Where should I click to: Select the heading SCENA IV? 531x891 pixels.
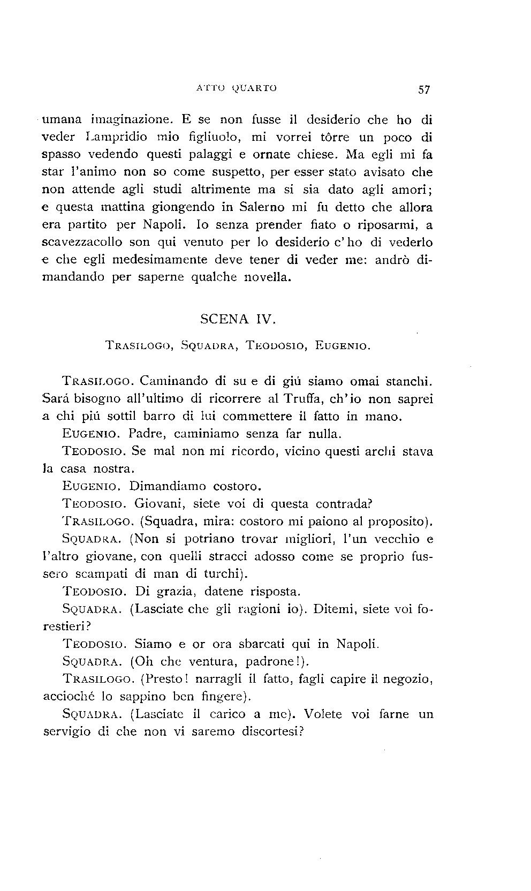(x=238, y=320)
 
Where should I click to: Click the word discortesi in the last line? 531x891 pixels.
(x=272, y=732)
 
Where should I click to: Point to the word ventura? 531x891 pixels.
(x=210, y=662)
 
